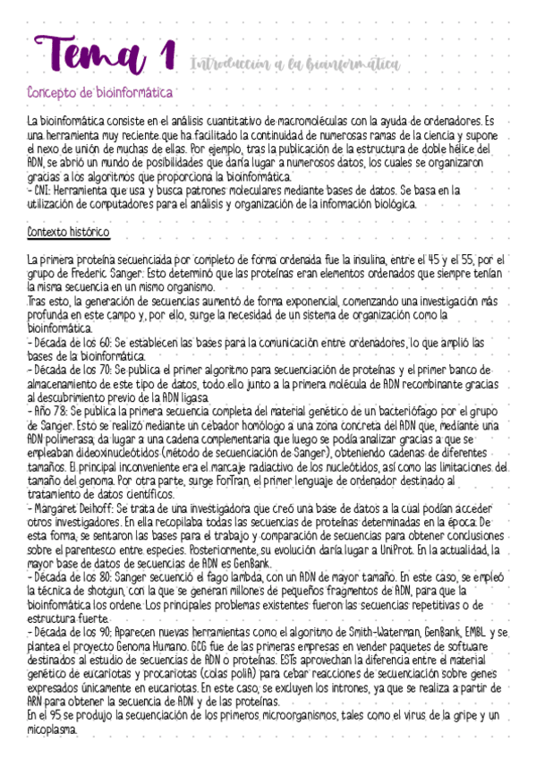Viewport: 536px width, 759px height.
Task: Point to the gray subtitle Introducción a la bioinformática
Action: (x=294, y=64)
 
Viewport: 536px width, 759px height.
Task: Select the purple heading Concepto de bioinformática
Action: (x=100, y=93)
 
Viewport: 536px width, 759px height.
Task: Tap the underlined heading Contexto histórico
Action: (x=69, y=233)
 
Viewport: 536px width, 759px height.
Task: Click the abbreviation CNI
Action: (x=42, y=190)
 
